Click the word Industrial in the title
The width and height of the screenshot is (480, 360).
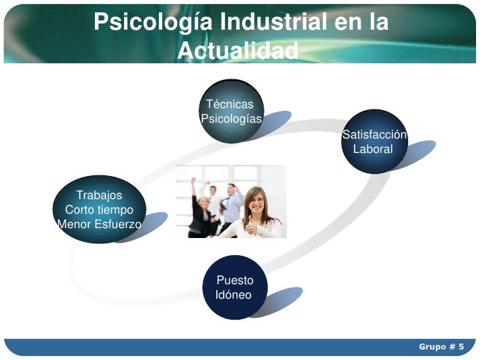point(273,22)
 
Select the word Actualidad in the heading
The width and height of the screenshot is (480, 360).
point(238,50)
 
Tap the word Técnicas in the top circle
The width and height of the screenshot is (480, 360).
point(229,104)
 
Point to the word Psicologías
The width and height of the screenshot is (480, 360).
point(231,119)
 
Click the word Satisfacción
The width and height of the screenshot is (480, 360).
point(375,135)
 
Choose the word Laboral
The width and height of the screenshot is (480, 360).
point(373,149)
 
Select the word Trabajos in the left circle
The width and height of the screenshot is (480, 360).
point(99,195)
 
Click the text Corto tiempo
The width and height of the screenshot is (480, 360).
point(99,210)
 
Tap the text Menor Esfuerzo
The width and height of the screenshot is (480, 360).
point(99,224)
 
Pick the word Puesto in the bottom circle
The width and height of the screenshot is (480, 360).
point(235,280)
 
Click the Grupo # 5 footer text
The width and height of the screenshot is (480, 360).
point(441,347)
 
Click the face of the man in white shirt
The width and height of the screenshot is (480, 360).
point(213,191)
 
